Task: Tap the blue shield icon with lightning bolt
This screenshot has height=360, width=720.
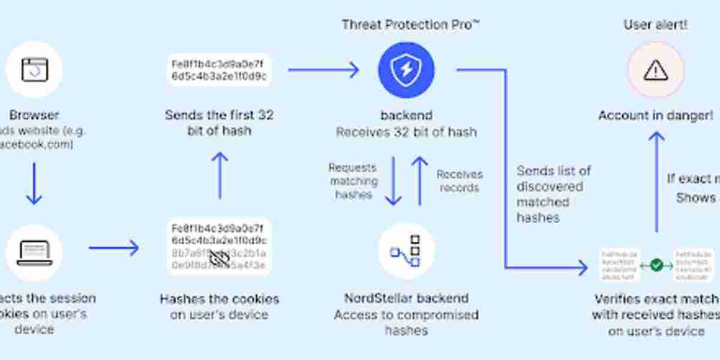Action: coord(406,70)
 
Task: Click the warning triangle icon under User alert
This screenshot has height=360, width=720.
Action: coord(655,70)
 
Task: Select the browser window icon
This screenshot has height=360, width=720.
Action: coord(34,70)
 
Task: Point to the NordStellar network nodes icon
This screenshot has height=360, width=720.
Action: coord(406,251)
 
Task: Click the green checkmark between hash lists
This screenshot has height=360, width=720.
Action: coord(656,265)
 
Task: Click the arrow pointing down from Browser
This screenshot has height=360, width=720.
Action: coord(34,183)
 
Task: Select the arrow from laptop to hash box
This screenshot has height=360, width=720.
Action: coord(114,248)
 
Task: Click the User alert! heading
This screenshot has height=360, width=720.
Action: coord(655,25)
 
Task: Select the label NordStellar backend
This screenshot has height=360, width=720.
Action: coord(406,298)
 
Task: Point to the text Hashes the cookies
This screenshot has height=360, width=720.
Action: coord(220,298)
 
